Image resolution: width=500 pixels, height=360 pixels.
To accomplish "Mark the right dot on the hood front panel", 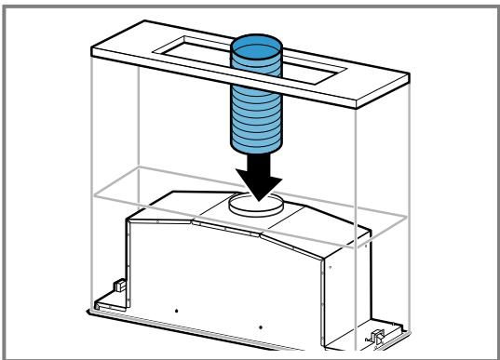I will point(261,327).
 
